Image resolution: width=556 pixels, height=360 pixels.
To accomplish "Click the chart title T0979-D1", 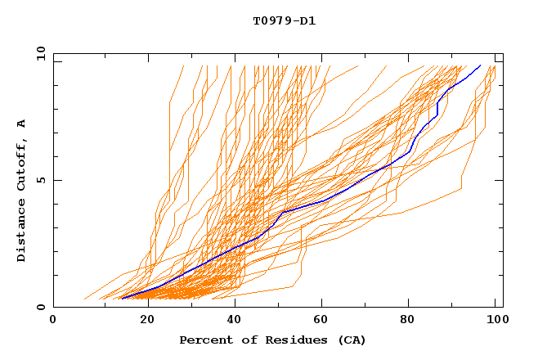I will tap(284, 20).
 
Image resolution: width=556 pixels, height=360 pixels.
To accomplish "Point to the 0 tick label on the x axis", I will tap(53, 320).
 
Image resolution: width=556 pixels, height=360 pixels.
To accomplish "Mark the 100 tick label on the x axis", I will tap(495, 320).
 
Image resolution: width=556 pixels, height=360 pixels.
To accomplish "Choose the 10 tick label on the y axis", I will tap(38, 53).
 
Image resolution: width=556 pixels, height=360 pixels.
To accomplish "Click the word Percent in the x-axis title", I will tap(205, 340).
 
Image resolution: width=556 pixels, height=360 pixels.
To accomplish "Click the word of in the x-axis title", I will tap(248, 340).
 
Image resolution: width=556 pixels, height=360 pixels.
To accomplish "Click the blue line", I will tap(327, 200).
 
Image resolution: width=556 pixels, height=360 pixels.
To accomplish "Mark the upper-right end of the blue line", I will tap(480, 65).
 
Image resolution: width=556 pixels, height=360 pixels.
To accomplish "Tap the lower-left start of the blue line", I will tap(121, 299).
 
